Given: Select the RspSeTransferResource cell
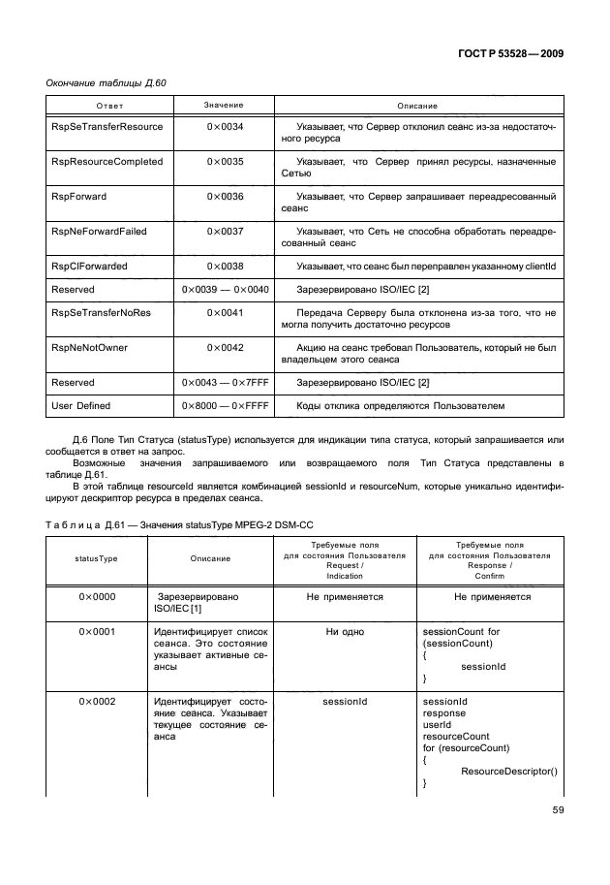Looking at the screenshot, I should [93, 127].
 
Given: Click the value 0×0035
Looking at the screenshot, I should [225, 162].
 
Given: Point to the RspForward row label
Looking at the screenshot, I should [78, 197].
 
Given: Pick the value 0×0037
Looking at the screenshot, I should [225, 232].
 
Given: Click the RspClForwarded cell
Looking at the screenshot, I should [88, 266].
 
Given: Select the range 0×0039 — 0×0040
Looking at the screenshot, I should [225, 289].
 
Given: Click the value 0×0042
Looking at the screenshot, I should [225, 348].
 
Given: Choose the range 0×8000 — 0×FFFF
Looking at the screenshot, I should [225, 406].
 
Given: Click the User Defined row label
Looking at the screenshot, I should [80, 406].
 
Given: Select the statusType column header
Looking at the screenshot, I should [97, 558].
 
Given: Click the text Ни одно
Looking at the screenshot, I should [345, 632].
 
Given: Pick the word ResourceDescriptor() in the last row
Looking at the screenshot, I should [509, 772].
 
